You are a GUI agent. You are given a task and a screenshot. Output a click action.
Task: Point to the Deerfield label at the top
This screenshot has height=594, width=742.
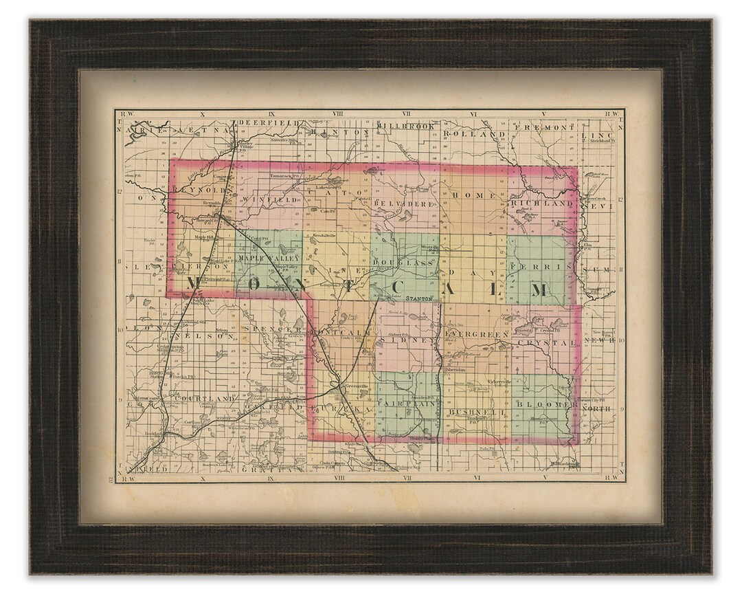point(268,123)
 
